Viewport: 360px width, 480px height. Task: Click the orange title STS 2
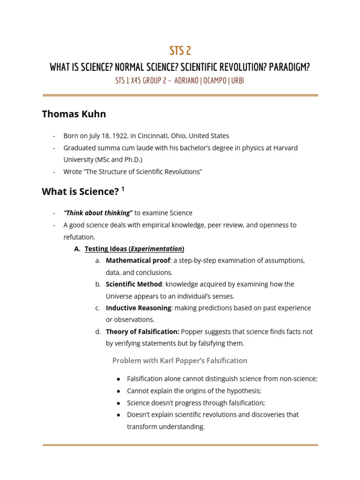[180, 51]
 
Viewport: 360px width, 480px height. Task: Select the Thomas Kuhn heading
[74, 114]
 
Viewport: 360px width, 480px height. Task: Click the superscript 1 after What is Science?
[123, 189]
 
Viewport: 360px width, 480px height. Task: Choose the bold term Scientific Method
[134, 284]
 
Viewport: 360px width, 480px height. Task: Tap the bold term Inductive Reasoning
[138, 308]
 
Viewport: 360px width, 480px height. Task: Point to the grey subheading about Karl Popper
[180, 360]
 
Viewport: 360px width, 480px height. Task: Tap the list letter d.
[97, 332]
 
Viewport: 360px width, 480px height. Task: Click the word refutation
[78, 237]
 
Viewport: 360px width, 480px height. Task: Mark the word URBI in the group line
[237, 81]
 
